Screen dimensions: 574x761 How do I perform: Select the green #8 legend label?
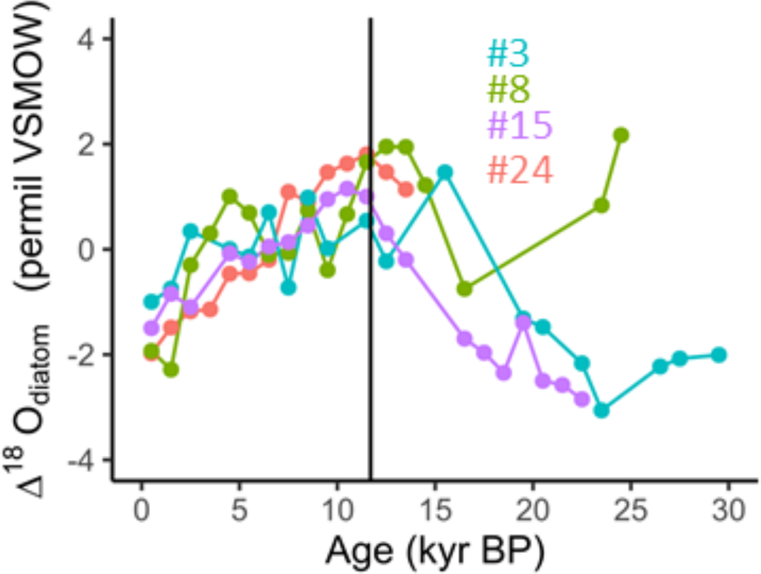(x=508, y=89)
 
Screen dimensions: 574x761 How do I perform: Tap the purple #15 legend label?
(x=519, y=127)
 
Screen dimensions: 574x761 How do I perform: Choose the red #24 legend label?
(x=520, y=170)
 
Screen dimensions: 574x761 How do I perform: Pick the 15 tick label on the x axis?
(x=435, y=510)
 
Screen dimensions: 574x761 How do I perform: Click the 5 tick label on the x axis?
(x=239, y=510)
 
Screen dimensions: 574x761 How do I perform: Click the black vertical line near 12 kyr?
(x=371, y=271)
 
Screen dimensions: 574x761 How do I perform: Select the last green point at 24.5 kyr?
(x=620, y=135)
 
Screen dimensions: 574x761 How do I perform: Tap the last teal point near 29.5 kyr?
(x=720, y=355)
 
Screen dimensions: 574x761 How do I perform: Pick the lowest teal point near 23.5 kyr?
(x=601, y=410)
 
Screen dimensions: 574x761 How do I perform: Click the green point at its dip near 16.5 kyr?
(x=464, y=288)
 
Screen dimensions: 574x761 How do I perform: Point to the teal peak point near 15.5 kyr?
(x=445, y=172)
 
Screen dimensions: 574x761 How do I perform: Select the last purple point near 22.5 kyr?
(x=582, y=399)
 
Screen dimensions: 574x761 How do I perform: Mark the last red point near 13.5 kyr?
(x=406, y=189)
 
